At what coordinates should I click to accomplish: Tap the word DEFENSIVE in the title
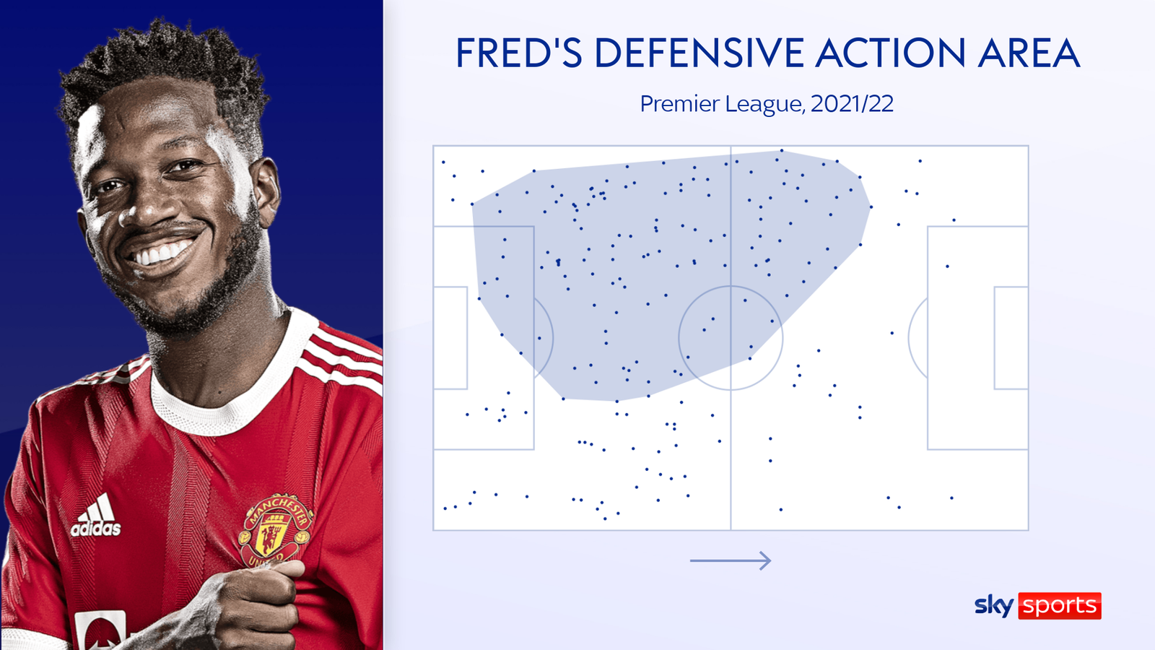click(699, 53)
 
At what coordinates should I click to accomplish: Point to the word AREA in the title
click(1029, 53)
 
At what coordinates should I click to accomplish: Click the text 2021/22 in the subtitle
click(852, 104)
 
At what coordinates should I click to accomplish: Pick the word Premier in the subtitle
click(679, 104)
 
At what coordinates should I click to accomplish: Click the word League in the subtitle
click(764, 105)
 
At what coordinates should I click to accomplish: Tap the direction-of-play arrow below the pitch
click(731, 560)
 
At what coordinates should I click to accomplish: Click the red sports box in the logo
click(1060, 606)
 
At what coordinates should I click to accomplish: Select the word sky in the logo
click(994, 605)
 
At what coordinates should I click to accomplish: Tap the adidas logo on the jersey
click(96, 516)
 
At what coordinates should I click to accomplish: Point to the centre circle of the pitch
click(731, 286)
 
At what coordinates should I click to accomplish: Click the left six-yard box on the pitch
click(467, 338)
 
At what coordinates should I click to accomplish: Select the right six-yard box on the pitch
click(995, 338)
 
